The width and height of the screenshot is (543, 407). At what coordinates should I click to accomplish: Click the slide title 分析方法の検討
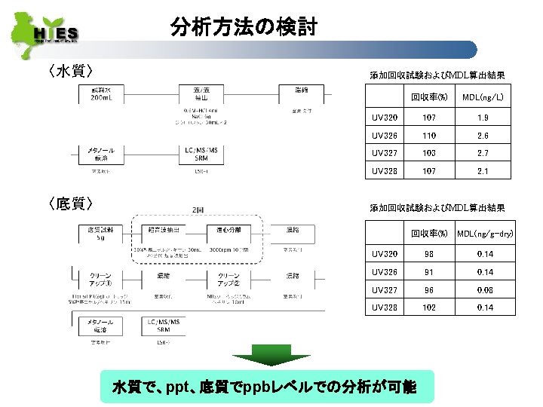(x=244, y=29)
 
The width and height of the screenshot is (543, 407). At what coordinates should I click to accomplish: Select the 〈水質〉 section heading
(x=69, y=72)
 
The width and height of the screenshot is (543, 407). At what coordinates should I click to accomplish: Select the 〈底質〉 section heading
(x=69, y=203)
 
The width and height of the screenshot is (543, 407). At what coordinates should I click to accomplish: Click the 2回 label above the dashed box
(x=198, y=210)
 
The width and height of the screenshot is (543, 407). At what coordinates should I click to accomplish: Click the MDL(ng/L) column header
(x=483, y=97)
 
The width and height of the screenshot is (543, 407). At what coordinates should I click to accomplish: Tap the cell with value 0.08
(x=485, y=289)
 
